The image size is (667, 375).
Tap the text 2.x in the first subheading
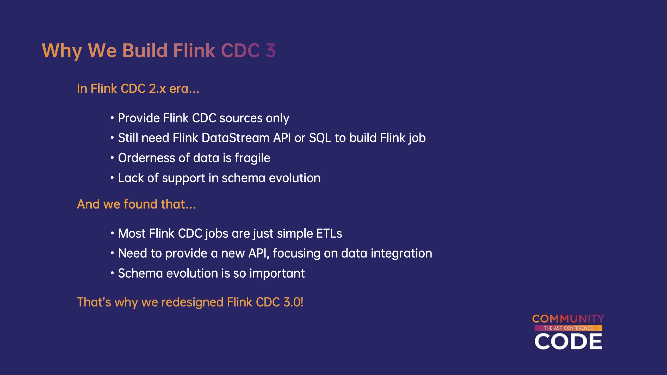[x=157, y=89]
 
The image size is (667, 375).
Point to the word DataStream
[x=236, y=138]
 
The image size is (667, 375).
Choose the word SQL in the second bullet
[x=320, y=138]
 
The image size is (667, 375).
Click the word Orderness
[x=146, y=158]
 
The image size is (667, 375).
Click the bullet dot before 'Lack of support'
[x=112, y=178]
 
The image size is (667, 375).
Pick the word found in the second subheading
[x=140, y=204]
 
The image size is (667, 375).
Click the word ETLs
[x=329, y=233]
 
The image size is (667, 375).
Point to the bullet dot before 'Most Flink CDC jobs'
[x=112, y=233]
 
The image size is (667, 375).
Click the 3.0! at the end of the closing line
[x=293, y=302]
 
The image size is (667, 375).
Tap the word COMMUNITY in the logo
[x=568, y=319]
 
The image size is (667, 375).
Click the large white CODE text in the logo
[x=568, y=341]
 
